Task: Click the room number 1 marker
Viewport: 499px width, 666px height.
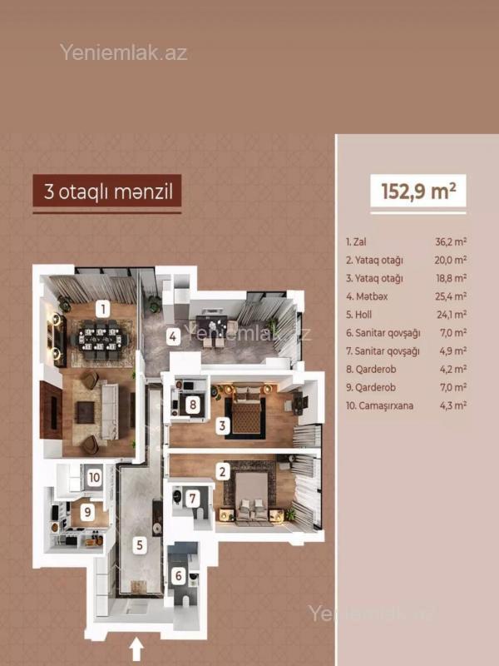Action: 102,309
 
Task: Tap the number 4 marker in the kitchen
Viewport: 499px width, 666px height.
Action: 172,337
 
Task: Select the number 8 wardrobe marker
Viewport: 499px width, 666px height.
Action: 193,405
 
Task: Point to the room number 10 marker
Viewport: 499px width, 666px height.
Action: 94,477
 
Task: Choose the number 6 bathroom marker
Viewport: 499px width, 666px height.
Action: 179,576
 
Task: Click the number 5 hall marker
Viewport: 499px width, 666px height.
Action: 140,544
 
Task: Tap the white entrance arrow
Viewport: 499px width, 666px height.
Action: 136,650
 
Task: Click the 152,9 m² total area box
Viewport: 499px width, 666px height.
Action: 418,191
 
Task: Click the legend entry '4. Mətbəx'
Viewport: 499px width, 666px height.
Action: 367,296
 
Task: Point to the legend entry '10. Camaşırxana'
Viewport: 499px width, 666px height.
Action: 380,405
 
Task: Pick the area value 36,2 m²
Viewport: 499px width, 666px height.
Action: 451,241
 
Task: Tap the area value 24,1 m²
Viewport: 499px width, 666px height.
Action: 452,315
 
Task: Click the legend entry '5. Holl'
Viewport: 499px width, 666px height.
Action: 359,315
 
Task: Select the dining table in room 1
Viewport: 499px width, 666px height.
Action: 101,340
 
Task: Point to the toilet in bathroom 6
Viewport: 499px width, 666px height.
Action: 185,601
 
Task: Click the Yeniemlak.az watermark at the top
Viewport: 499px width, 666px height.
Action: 123,52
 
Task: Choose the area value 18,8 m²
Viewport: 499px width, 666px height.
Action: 451,278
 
